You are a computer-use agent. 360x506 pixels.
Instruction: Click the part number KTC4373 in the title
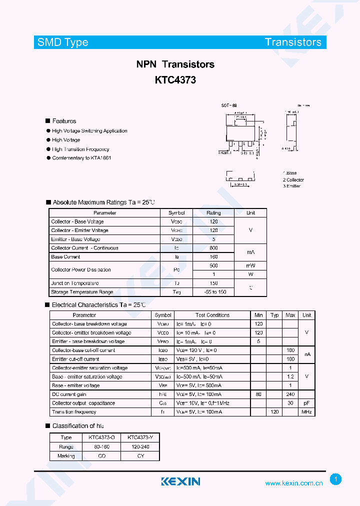pos(175,79)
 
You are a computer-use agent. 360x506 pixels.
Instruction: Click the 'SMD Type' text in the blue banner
pos(62,42)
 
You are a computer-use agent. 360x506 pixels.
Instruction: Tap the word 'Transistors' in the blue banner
pos(293,42)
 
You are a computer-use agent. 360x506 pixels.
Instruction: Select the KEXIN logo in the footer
pos(180,481)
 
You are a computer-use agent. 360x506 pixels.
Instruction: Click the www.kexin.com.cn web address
pos(293,483)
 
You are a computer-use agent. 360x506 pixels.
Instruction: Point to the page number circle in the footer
pos(335,479)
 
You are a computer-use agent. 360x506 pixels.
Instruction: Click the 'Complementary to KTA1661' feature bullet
pos(81,158)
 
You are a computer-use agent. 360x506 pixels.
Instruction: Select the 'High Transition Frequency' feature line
pos(80,149)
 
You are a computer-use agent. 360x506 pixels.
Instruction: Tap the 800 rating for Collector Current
pos(213,248)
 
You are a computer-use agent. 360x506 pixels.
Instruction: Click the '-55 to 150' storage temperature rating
pos(214,292)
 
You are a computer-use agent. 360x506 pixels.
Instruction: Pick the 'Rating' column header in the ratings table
pos(213,213)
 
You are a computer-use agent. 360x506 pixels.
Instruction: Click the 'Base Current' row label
pos(65,257)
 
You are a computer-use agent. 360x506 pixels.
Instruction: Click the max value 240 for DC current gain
pos(290,394)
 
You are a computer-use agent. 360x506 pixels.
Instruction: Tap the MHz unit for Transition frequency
pos(306,412)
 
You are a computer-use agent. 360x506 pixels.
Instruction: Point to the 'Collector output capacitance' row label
pos(83,403)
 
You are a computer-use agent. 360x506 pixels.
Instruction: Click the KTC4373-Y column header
pos(140,437)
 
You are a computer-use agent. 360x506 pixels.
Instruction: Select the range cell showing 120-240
pos(140,446)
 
